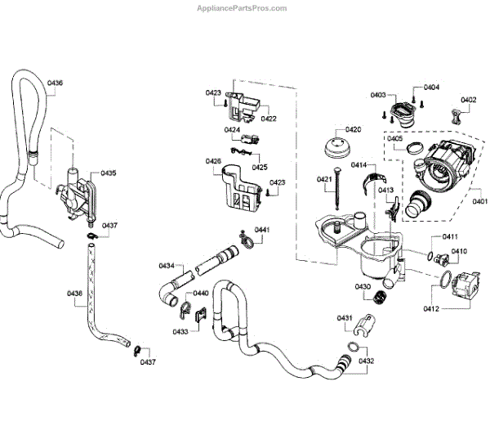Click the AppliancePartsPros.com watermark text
point(242,8)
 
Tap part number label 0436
point(55,83)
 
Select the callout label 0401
point(479,201)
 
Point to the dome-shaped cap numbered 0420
point(337,147)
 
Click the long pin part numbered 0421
point(337,189)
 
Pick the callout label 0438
point(74,294)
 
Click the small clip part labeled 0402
point(457,117)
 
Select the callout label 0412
point(431,309)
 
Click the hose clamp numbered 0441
point(247,240)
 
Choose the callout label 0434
point(167,266)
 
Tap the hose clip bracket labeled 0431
point(364,325)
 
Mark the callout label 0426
point(213,161)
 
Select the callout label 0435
point(109,173)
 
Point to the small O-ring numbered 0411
point(430,256)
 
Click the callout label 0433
point(180,331)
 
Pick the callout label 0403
point(378,95)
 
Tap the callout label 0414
point(359,165)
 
